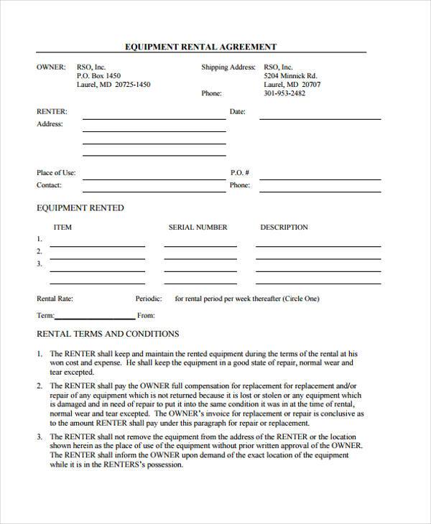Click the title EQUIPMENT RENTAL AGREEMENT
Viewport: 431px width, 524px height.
[x=201, y=47]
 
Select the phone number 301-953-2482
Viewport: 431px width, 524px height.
[x=284, y=93]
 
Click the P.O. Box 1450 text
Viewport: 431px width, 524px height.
[x=98, y=75]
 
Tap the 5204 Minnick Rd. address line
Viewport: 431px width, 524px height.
[x=290, y=75]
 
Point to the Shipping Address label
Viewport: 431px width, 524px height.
[x=228, y=67]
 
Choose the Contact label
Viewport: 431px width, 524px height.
[x=49, y=185]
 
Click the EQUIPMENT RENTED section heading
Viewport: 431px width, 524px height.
[x=80, y=208]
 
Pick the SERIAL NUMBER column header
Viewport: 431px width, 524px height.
[x=198, y=228]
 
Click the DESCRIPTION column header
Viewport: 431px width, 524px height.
[x=284, y=228]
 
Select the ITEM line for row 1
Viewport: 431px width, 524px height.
[x=97, y=245]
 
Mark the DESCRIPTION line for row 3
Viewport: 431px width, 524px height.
[x=318, y=271]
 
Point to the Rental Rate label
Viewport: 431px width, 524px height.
[x=55, y=298]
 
